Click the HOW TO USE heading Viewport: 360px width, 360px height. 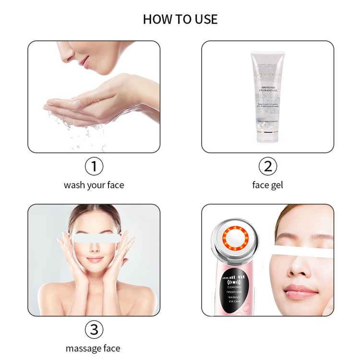[x=180, y=19]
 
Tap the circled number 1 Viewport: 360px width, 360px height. [x=94, y=167]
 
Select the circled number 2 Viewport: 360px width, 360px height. [x=268, y=167]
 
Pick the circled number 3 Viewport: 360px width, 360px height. [x=94, y=330]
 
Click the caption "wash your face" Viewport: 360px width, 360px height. [x=94, y=185]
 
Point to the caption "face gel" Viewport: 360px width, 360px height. [x=268, y=185]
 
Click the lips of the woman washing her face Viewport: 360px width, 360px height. [x=84, y=61]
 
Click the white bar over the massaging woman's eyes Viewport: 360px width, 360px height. [x=94, y=237]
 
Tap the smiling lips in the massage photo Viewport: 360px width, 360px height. [x=95, y=259]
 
